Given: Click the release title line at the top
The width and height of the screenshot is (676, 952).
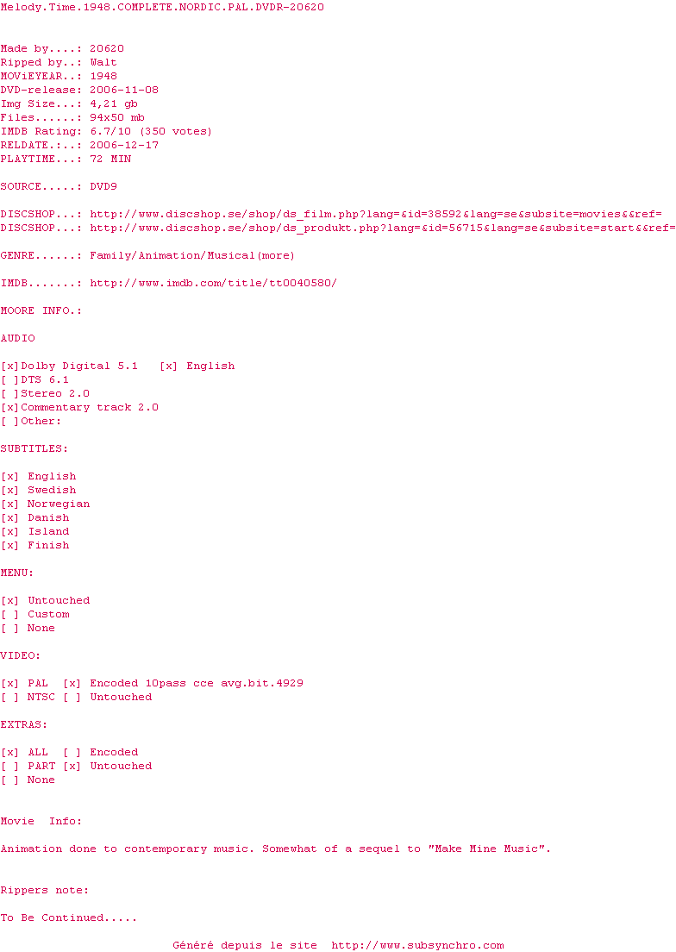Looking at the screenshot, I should (x=162, y=7).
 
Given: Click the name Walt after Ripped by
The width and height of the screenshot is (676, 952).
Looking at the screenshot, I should (x=103, y=62).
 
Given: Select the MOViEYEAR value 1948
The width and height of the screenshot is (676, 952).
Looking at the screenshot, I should (x=103, y=76).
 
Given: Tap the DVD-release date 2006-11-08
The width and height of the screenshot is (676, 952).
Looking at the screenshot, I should (x=124, y=90).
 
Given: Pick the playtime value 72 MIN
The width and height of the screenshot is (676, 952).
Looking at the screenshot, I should (x=110, y=159).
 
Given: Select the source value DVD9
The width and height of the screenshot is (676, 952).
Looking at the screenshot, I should (x=107, y=186).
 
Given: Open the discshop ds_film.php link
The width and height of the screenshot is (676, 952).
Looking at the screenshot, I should (x=376, y=214).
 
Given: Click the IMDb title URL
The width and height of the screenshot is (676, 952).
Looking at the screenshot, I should (x=213, y=283).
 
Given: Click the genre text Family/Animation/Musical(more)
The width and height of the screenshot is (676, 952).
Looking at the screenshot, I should (x=192, y=255).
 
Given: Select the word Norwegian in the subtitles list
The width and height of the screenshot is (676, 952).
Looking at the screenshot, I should (x=59, y=504).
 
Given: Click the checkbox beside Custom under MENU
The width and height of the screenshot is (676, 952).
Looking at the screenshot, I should (x=10, y=614).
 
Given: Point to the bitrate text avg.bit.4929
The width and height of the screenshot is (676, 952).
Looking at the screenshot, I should (x=261, y=683).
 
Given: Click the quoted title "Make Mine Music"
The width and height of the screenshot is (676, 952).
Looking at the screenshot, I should (x=489, y=849).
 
